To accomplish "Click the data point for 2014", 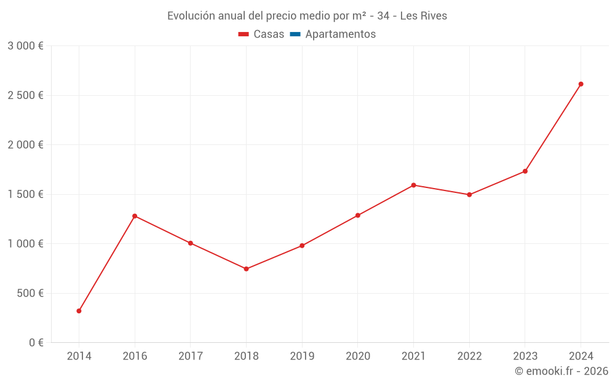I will [79, 311].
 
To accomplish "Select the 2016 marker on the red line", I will [135, 216].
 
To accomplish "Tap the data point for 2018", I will [246, 269].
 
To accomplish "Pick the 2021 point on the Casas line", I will [413, 185].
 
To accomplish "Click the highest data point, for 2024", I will [581, 84].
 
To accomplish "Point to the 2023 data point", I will [525, 171].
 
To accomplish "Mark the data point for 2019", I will [302, 246].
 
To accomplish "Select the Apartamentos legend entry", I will [340, 34].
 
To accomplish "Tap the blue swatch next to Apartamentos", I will [295, 34].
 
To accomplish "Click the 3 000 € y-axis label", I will [25, 46].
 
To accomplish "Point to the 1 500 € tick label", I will [25, 194].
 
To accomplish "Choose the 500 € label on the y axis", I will [30, 293].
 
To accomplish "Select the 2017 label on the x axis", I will [191, 356].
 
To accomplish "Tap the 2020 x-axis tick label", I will [357, 356].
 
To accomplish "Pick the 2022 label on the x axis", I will [469, 356].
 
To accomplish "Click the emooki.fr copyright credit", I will [561, 371].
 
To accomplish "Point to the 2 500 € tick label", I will [25, 95].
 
